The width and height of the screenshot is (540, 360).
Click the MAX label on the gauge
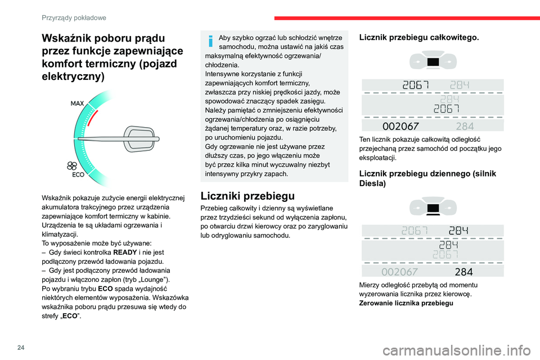(x=78, y=103)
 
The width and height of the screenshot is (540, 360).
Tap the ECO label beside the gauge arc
(x=79, y=174)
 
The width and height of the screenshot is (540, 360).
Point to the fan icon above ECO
(x=71, y=165)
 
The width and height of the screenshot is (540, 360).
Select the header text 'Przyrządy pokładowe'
(x=74, y=18)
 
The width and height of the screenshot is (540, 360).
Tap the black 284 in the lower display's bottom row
(x=463, y=272)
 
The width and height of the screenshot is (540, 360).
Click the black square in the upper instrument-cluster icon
(x=433, y=61)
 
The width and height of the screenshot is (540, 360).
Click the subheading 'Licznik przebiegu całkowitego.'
(x=419, y=38)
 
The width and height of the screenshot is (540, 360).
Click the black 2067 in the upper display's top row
(x=416, y=85)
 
